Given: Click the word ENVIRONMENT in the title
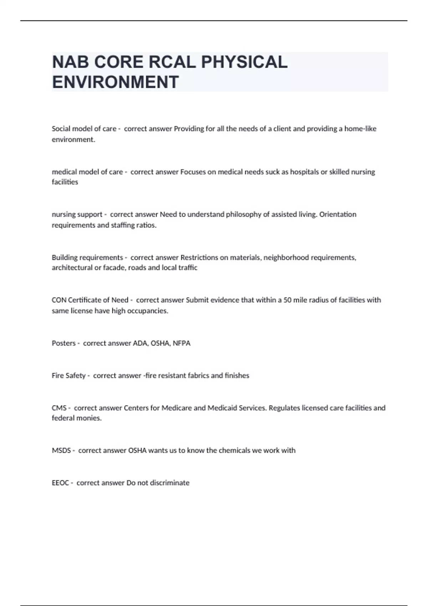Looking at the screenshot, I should (x=115, y=82).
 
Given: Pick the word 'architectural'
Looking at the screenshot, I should (x=72, y=268).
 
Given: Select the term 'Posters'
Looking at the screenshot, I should (x=63, y=343).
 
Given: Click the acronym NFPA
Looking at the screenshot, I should (x=182, y=343).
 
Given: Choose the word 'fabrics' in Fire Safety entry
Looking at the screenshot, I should (x=198, y=375).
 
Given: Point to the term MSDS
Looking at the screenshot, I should (x=61, y=451).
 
